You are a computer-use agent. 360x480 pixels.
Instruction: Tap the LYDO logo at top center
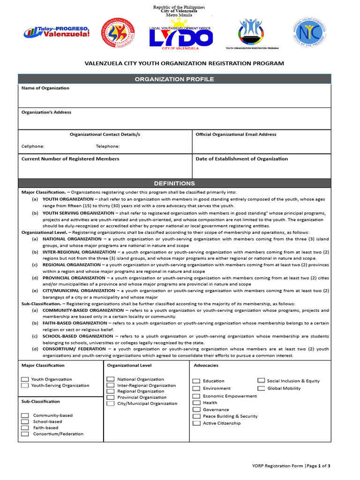[180, 38]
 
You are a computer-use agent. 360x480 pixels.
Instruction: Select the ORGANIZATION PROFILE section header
[174, 79]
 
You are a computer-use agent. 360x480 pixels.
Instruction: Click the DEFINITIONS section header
[174, 183]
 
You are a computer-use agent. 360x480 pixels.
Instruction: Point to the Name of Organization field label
[45, 88]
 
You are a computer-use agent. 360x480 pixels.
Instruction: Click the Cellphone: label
[33, 146]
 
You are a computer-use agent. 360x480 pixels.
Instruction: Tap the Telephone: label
[108, 146]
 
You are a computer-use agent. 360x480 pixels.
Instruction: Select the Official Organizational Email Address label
[236, 135]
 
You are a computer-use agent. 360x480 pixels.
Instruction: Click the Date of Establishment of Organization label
[241, 159]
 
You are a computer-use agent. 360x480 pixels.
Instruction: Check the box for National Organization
[111, 379]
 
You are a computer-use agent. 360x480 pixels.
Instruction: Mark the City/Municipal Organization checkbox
[111, 403]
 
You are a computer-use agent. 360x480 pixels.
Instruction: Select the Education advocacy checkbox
[196, 381]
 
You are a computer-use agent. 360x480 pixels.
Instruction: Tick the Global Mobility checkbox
[261, 388]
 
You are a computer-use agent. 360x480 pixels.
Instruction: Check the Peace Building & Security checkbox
[196, 416]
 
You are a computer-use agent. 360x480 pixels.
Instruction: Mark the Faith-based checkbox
[25, 427]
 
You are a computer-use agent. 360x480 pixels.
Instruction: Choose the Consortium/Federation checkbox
[25, 434]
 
